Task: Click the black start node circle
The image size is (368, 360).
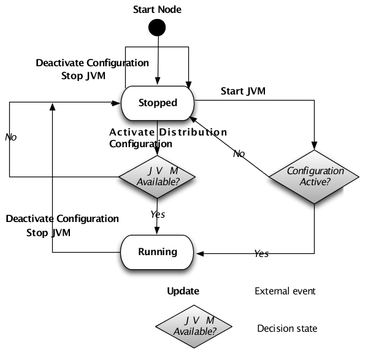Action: [x=158, y=28]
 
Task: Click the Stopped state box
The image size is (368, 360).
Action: [x=157, y=102]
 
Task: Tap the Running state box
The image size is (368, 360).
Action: [x=157, y=251]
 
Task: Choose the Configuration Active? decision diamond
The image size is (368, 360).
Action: [x=314, y=177]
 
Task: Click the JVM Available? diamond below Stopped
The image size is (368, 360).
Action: [x=157, y=177]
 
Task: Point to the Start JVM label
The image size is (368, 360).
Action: [x=243, y=91]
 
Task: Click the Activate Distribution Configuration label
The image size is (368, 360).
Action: [x=167, y=138]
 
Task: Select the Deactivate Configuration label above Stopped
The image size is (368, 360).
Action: [x=92, y=63]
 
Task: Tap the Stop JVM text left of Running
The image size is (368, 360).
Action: [x=48, y=233]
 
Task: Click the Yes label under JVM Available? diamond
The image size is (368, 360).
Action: [x=158, y=214]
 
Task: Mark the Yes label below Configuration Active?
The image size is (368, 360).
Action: [x=261, y=253]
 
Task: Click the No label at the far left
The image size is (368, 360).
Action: [x=10, y=137]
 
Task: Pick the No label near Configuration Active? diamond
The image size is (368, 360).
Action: [x=239, y=153]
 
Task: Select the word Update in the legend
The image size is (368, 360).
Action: [x=183, y=291]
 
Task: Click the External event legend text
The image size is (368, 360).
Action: [x=285, y=291]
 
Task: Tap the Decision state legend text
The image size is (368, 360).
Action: [x=287, y=328]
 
